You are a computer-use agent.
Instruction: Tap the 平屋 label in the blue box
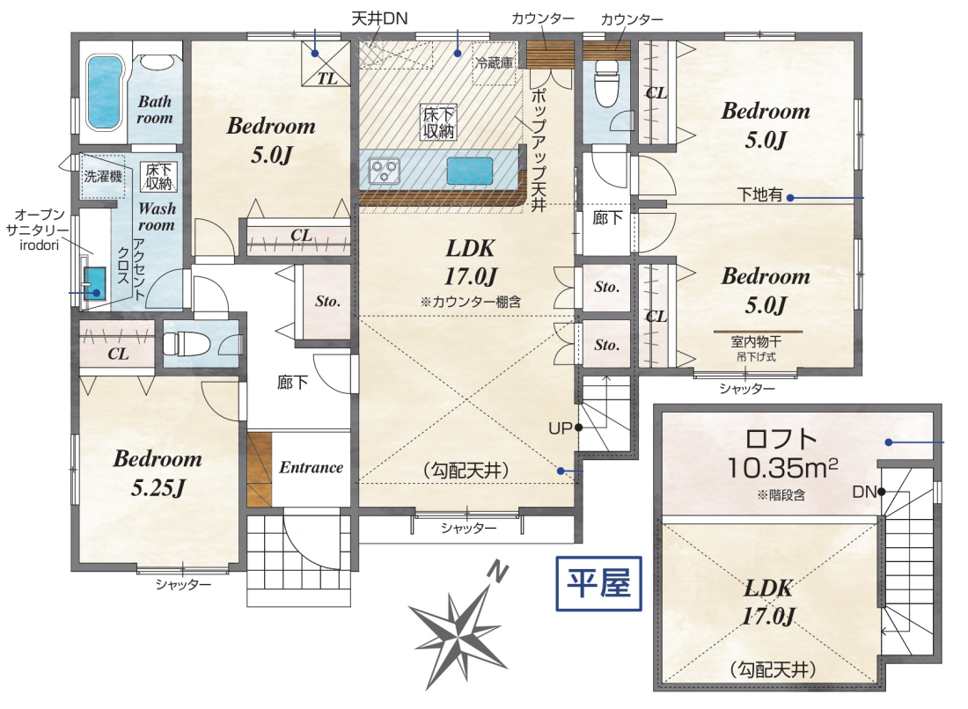coord(598,583)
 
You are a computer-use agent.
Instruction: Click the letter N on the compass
coord(497,574)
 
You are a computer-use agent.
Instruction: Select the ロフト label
coord(781,439)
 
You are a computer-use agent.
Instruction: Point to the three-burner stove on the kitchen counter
coord(384,171)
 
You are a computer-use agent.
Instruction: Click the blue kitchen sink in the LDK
coord(470,171)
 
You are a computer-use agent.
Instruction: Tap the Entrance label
coord(312,467)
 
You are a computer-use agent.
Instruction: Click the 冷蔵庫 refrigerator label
coord(494,62)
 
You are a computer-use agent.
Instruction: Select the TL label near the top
coord(327,78)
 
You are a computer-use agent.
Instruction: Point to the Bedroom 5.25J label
coord(158,473)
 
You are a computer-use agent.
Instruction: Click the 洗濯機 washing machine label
coord(102,177)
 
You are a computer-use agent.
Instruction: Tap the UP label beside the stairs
coord(560,428)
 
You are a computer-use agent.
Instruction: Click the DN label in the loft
coord(864,492)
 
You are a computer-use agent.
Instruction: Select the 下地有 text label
coord(759,195)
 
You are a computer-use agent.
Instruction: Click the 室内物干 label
coord(756,341)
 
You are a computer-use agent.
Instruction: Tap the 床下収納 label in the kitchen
coord(439,122)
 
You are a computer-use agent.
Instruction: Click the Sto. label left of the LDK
coord(328,301)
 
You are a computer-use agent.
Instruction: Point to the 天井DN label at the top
coord(379,18)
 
